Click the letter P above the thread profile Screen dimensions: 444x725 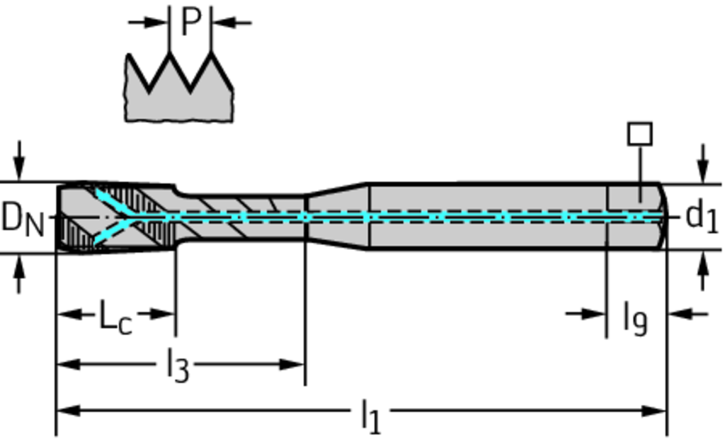(x=190, y=22)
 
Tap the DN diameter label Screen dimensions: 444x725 (x=23, y=219)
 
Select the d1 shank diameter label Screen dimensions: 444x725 (x=702, y=216)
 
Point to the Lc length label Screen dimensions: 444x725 (x=115, y=316)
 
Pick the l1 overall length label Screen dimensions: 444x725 (x=370, y=415)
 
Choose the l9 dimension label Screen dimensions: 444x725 (x=635, y=318)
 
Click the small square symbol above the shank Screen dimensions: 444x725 (x=640, y=134)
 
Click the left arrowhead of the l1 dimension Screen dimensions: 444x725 (x=65, y=410)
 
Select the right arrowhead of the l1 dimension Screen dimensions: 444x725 (x=656, y=410)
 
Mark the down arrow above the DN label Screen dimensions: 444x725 (x=19, y=168)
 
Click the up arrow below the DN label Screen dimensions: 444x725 (x=19, y=267)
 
